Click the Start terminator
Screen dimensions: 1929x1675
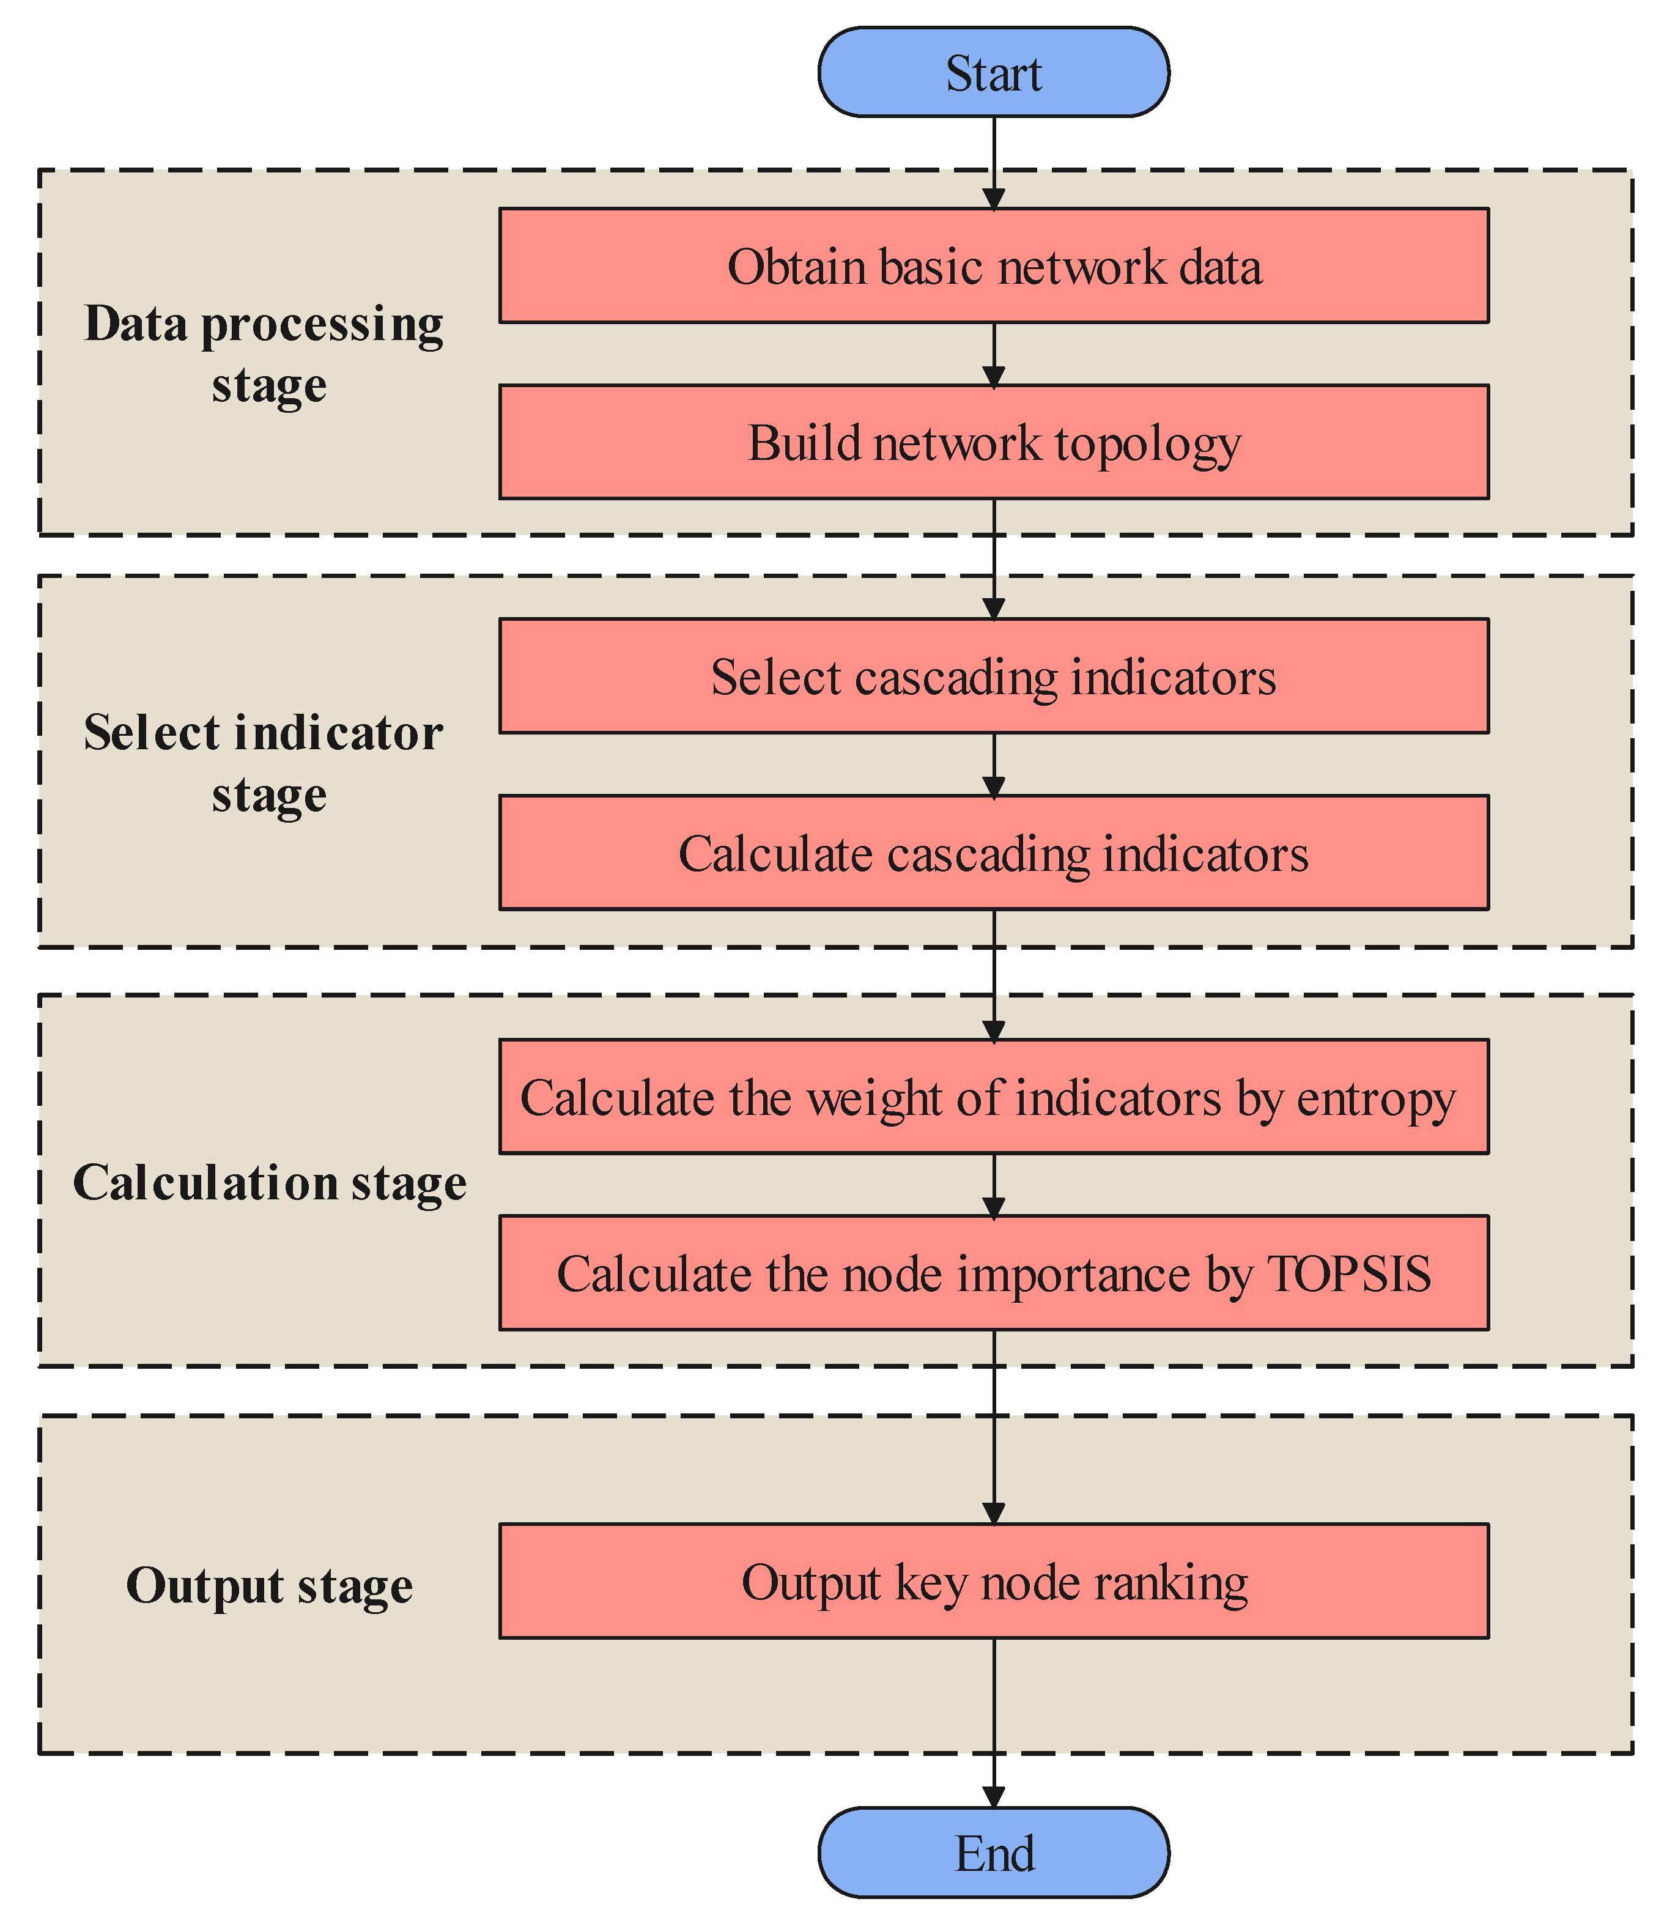(x=994, y=73)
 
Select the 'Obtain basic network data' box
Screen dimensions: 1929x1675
(x=994, y=267)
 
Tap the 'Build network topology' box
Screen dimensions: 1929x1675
(x=994, y=442)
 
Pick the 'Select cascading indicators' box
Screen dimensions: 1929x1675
(x=994, y=676)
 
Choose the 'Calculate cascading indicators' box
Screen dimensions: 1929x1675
(x=994, y=853)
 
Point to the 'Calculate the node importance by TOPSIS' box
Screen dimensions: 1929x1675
(x=994, y=1273)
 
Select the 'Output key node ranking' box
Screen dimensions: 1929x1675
(x=994, y=1582)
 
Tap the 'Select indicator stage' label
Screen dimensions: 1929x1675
(x=265, y=763)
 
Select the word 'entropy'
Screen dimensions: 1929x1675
(x=1376, y=1099)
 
